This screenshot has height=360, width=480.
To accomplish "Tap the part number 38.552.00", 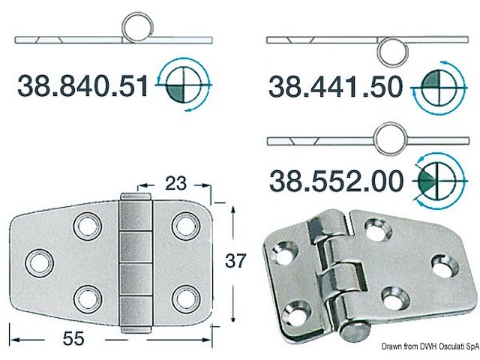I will (x=336, y=180).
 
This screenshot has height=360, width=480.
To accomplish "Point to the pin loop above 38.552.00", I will (x=391, y=139).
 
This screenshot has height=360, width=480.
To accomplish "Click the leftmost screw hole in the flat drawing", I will (x=37, y=261).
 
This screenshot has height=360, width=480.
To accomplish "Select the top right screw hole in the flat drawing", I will (x=182, y=224).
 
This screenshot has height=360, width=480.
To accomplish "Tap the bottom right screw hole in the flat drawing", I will (x=182, y=298).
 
